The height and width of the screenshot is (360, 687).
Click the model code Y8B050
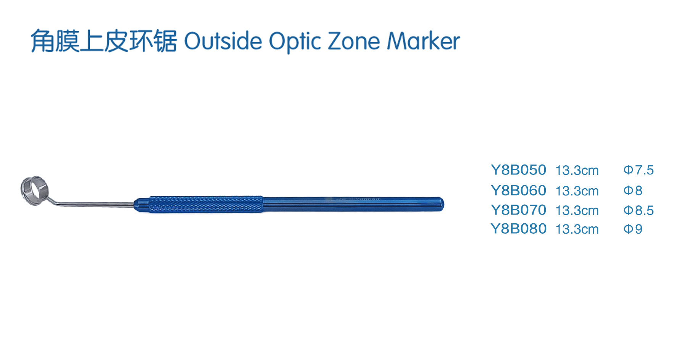coord(518,170)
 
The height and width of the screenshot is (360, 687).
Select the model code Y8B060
coord(518,190)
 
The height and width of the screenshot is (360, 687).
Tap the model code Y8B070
coord(518,210)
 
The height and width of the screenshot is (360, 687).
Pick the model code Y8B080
coord(518,229)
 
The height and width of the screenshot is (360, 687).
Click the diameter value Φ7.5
coord(639,170)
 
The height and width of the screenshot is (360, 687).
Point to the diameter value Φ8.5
coord(639,210)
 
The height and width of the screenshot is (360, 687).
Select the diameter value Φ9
coord(633,229)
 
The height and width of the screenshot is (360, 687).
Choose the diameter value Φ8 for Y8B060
coord(633,190)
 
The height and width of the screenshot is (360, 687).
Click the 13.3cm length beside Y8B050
coord(577,170)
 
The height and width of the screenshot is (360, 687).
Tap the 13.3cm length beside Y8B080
coord(577,229)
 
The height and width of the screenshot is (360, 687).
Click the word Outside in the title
coord(223,41)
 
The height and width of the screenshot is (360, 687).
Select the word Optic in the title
coord(295,42)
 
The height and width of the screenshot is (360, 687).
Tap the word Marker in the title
coord(424,41)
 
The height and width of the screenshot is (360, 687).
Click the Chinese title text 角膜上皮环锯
coord(104,41)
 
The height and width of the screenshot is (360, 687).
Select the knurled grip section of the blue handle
coord(206,204)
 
